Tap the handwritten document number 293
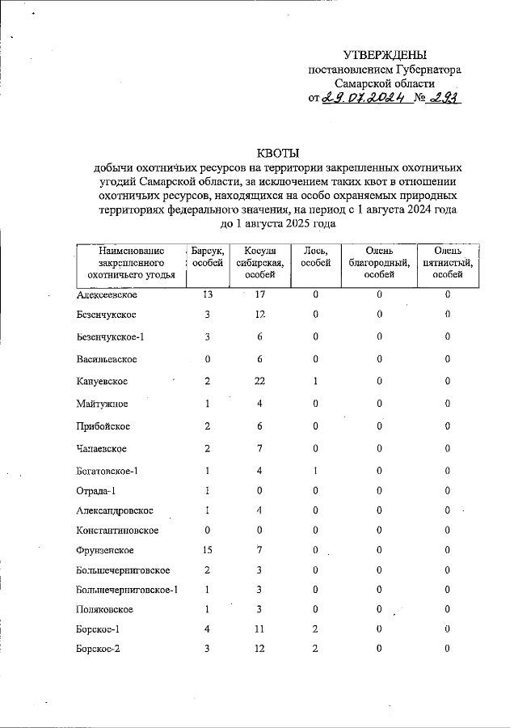click(x=444, y=99)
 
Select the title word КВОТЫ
click(x=277, y=153)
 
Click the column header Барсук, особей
click(x=209, y=257)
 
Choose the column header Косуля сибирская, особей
click(x=259, y=263)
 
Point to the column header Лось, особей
click(x=315, y=257)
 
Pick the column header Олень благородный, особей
click(x=379, y=263)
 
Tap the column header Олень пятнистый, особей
click(x=447, y=263)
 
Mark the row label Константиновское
click(x=117, y=531)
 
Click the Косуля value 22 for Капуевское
click(x=259, y=382)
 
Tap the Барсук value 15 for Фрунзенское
click(x=208, y=550)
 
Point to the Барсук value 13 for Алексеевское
click(x=208, y=294)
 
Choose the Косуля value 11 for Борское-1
click(x=259, y=629)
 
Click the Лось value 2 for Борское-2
click(x=316, y=649)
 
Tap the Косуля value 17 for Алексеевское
click(x=259, y=294)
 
